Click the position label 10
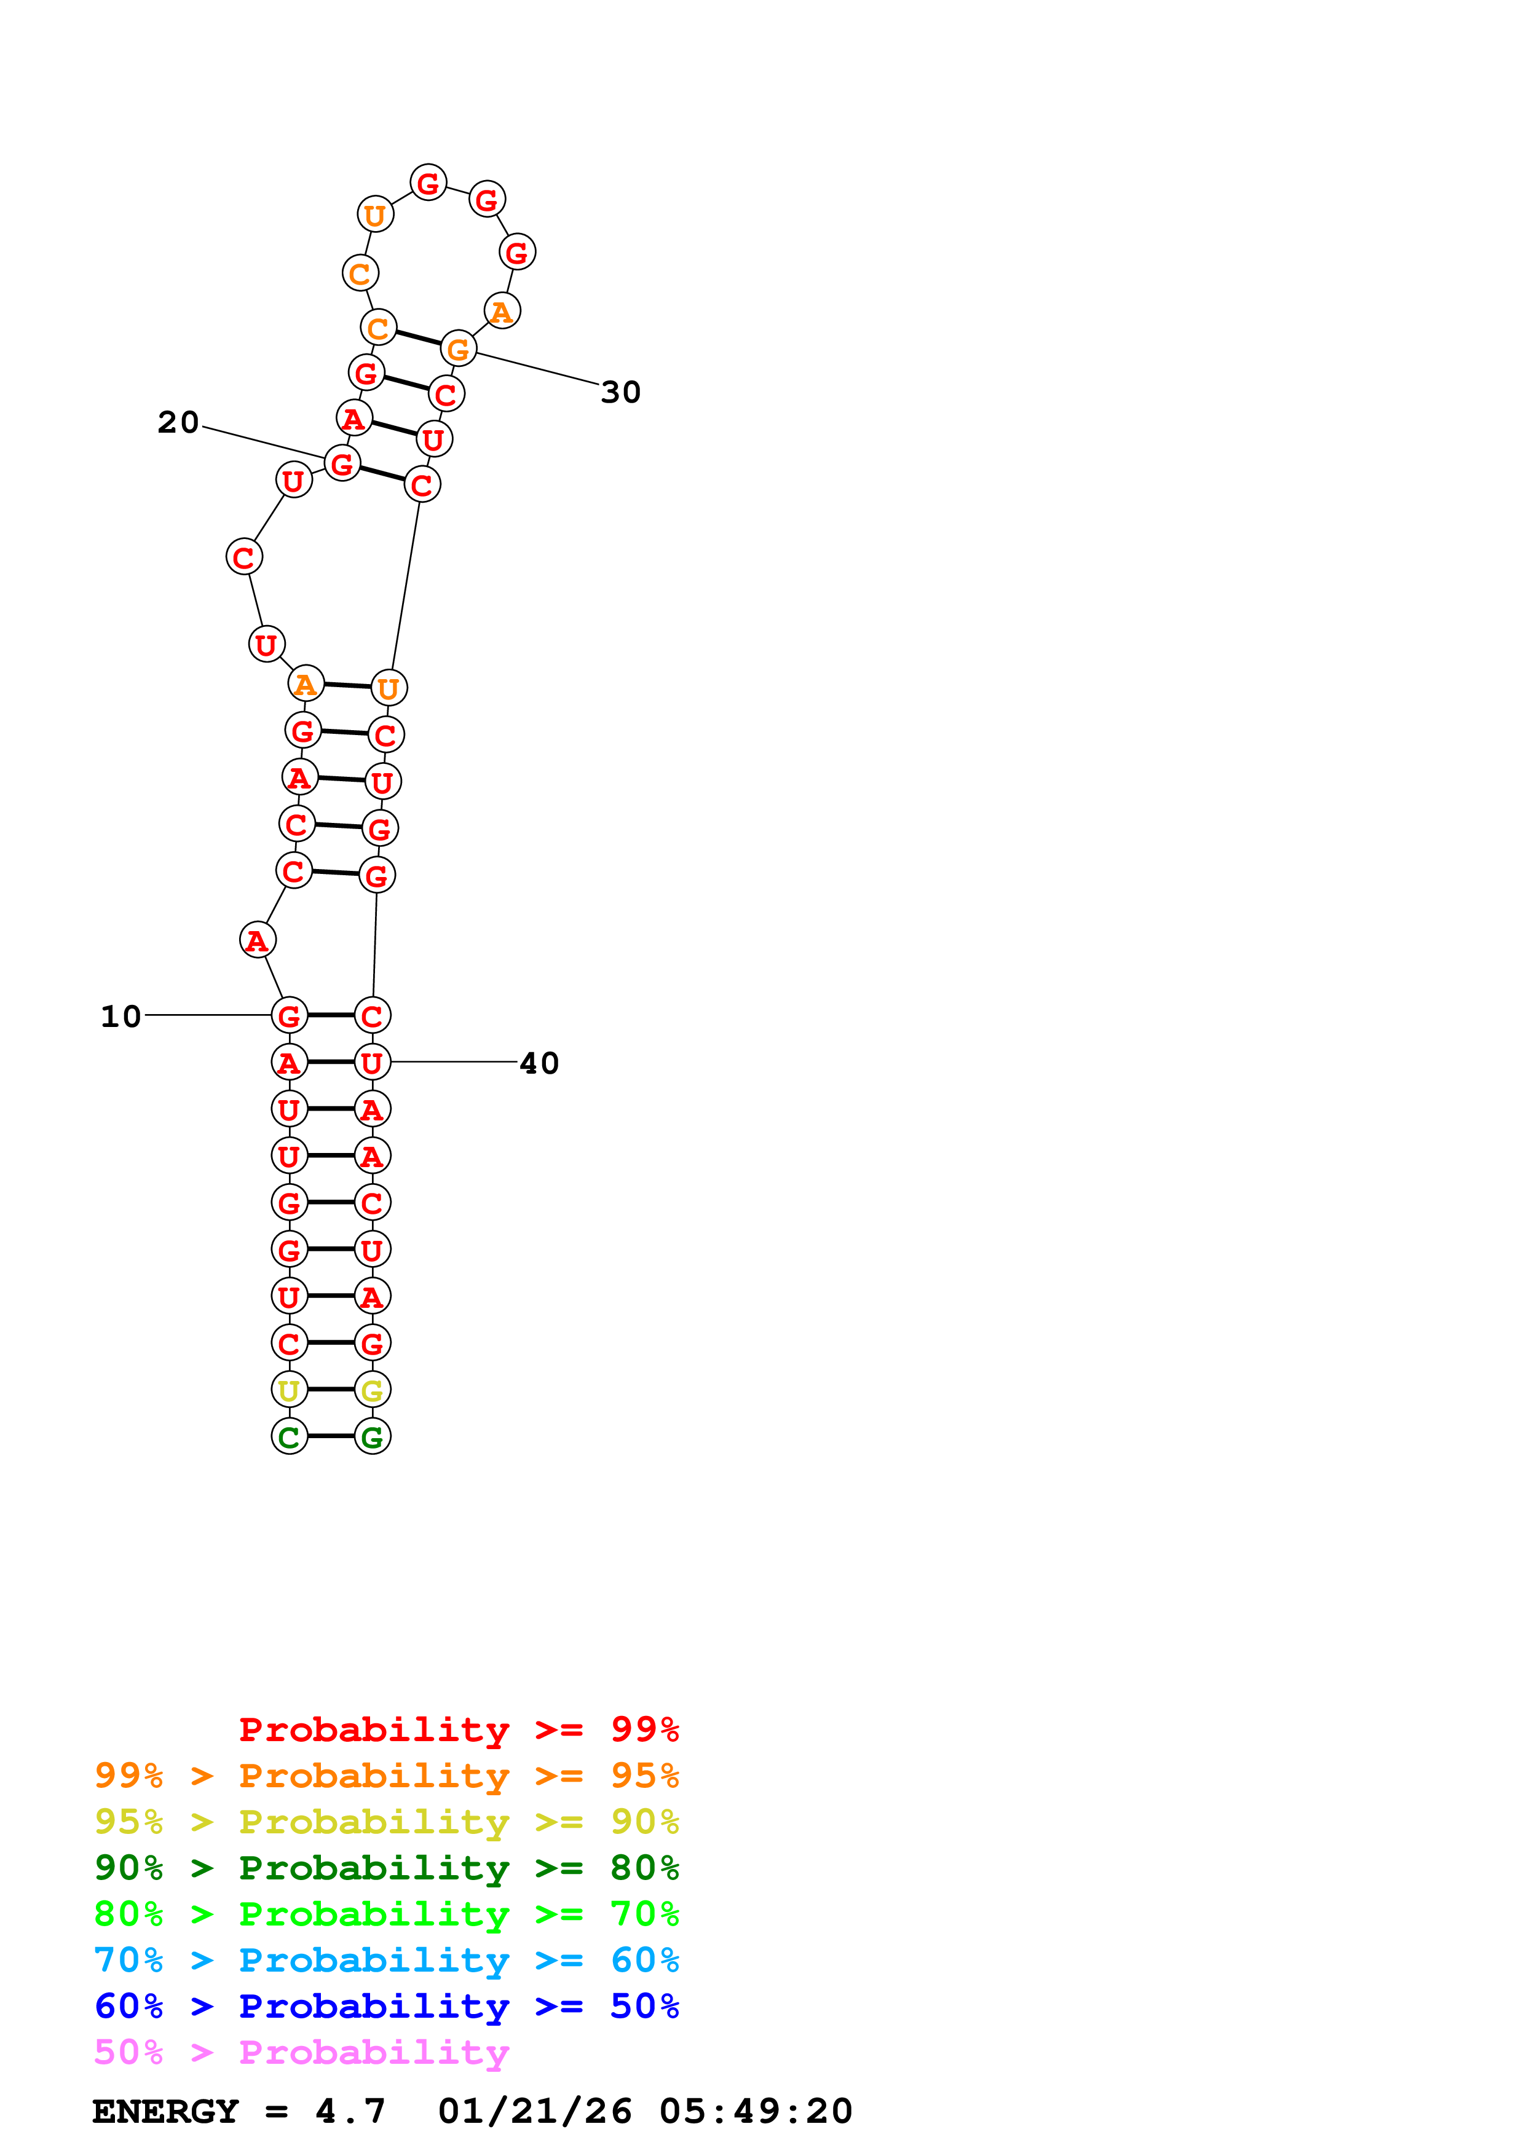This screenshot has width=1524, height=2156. coord(120,1016)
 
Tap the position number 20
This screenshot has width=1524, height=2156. coord(178,423)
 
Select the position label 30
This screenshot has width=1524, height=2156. coord(621,393)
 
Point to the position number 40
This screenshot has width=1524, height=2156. coord(539,1063)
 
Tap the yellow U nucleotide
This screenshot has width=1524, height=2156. coord(289,1389)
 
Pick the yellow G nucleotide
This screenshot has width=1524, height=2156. coord(372,1389)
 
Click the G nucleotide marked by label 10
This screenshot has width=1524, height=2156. coord(289,1015)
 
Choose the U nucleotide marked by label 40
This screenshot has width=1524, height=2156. coord(372,1062)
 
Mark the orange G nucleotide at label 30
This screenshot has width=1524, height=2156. coord(458,349)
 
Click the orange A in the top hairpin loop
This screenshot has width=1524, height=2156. coord(502,311)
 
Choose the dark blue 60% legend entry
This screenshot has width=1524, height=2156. coord(386,2006)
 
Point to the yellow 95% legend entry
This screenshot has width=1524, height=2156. coord(386,1822)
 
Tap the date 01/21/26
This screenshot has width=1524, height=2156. coord(534,2111)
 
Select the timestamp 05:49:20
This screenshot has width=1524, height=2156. coord(755,2111)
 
